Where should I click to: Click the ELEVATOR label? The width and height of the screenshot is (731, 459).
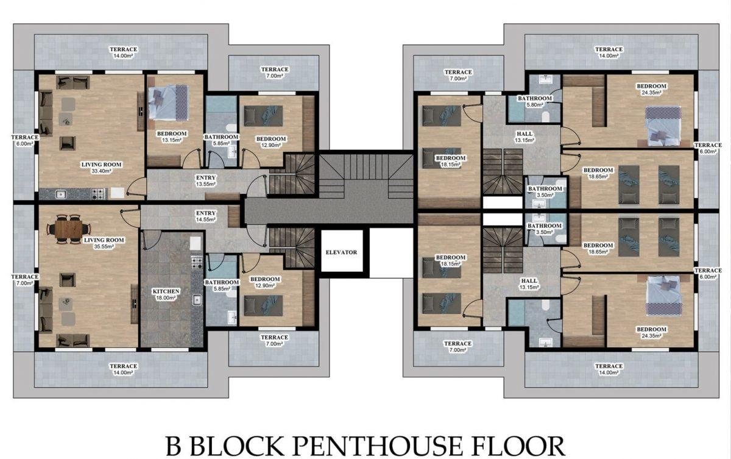(341, 252)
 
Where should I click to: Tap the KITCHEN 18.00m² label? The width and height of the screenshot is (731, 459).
(166, 294)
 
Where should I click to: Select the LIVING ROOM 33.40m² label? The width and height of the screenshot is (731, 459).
(101, 168)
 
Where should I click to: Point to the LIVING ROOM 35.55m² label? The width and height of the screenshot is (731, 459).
(104, 243)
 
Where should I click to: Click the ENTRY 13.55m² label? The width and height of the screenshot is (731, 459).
(206, 181)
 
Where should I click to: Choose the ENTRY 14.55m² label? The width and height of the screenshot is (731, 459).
(206, 216)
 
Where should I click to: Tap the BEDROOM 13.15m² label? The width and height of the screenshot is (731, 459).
(172, 137)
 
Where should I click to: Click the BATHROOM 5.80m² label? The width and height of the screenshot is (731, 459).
(535, 101)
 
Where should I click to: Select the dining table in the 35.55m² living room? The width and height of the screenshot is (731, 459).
(68, 229)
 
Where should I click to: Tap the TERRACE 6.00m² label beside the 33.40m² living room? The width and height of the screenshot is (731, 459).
(24, 140)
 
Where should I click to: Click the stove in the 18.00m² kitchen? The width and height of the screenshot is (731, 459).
(197, 263)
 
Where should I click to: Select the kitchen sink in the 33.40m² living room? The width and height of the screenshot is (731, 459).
(60, 194)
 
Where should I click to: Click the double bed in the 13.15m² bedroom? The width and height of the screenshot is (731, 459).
(168, 103)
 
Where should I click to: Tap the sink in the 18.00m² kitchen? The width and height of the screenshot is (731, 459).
(197, 299)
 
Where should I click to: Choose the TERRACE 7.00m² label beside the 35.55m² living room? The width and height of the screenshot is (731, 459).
(24, 280)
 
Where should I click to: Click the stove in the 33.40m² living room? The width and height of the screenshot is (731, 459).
(99, 194)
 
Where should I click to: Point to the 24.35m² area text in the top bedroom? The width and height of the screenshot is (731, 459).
(651, 93)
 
